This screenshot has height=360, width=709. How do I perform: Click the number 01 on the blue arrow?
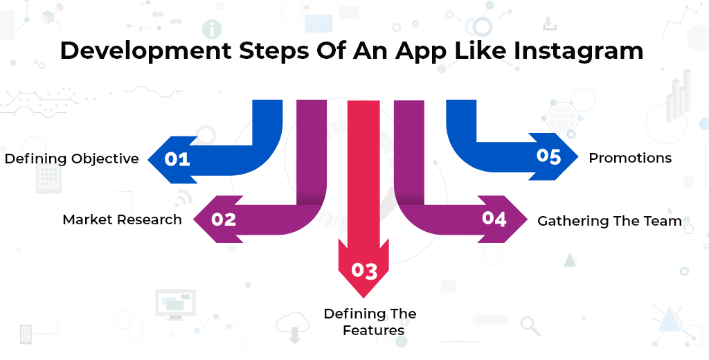click(177, 159)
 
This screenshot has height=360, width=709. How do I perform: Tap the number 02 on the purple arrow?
click(224, 219)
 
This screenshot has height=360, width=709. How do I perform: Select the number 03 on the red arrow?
click(364, 271)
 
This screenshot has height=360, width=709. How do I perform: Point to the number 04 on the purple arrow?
click(494, 219)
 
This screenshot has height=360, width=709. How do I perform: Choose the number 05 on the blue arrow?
click(548, 156)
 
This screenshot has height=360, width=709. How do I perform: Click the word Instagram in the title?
click(578, 51)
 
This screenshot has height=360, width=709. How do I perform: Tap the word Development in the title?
click(145, 51)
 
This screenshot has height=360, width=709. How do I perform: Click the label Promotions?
click(630, 158)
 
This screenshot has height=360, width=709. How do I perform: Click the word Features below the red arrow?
click(373, 330)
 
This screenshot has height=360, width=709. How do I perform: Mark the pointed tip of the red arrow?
click(364, 298)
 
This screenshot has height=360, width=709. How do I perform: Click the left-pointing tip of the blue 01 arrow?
click(149, 159)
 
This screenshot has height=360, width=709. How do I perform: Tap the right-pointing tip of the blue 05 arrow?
click(578, 156)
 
